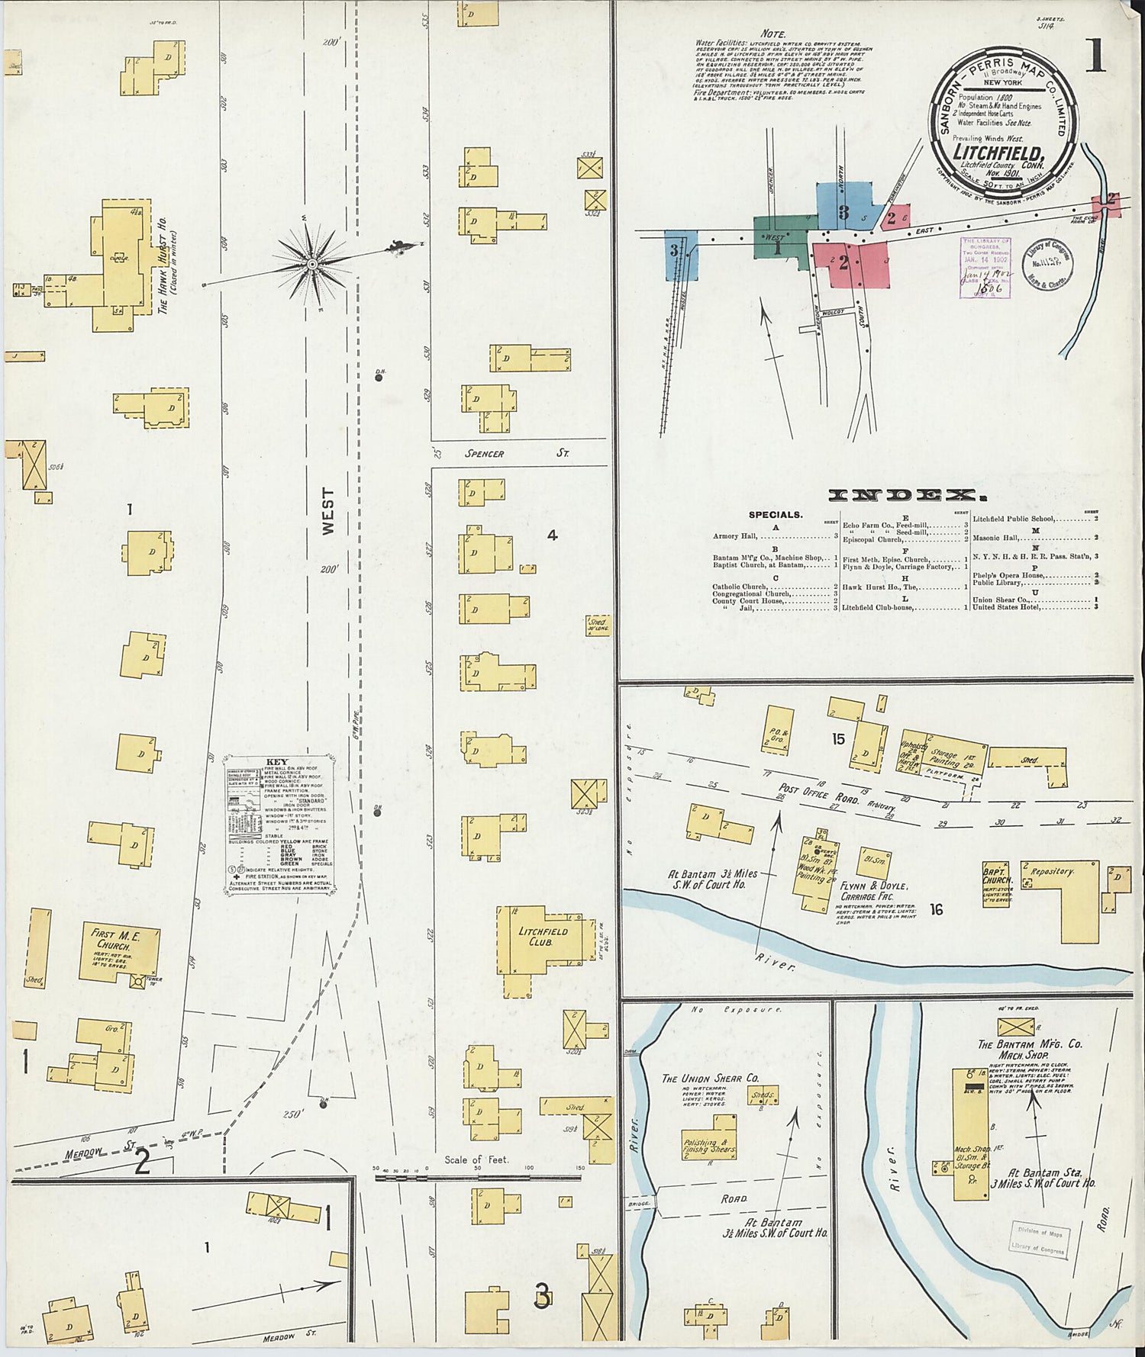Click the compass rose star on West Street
[x=312, y=264]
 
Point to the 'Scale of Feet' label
[x=476, y=1160]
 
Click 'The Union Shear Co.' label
[x=710, y=1079]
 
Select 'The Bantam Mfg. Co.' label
[x=1030, y=1044]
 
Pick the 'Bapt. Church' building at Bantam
[x=995, y=873]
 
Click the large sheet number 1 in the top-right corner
[x=1095, y=56]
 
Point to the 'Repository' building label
[x=1052, y=871]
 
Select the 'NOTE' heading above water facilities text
[x=774, y=34]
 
